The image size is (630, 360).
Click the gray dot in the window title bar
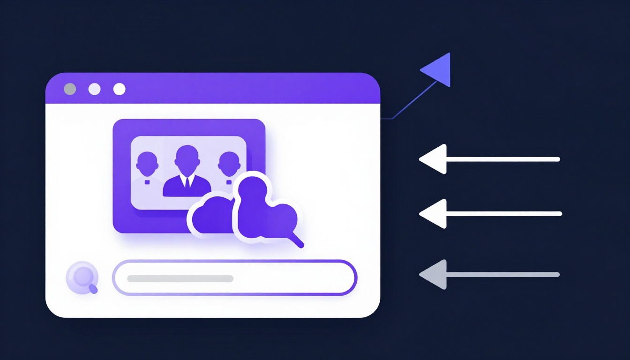pyautogui.click(x=70, y=89)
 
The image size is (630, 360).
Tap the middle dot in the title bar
pyautogui.click(x=95, y=89)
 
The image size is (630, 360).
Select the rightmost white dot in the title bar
pyautogui.click(x=120, y=89)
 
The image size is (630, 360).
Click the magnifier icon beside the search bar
pyautogui.click(x=82, y=277)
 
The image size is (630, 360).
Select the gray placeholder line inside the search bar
pyautogui.click(x=180, y=278)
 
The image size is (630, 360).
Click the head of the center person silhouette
pyautogui.click(x=187, y=156)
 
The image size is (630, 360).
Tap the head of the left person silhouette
pyautogui.click(x=147, y=162)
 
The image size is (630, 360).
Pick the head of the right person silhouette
pyautogui.click(x=228, y=162)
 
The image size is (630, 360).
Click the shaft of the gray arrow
pyautogui.click(x=502, y=275)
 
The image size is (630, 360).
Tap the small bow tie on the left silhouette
pyautogui.click(x=147, y=181)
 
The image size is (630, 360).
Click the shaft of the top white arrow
pyautogui.click(x=502, y=159)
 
